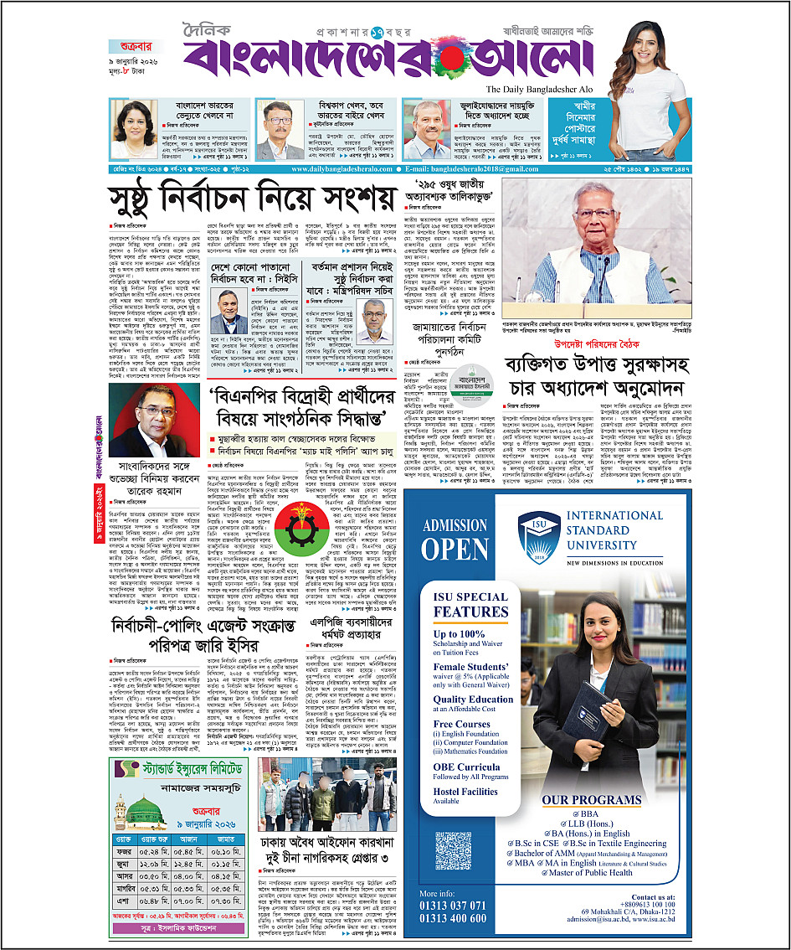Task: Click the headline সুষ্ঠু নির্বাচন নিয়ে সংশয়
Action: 250,200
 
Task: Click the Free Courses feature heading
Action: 461,725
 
